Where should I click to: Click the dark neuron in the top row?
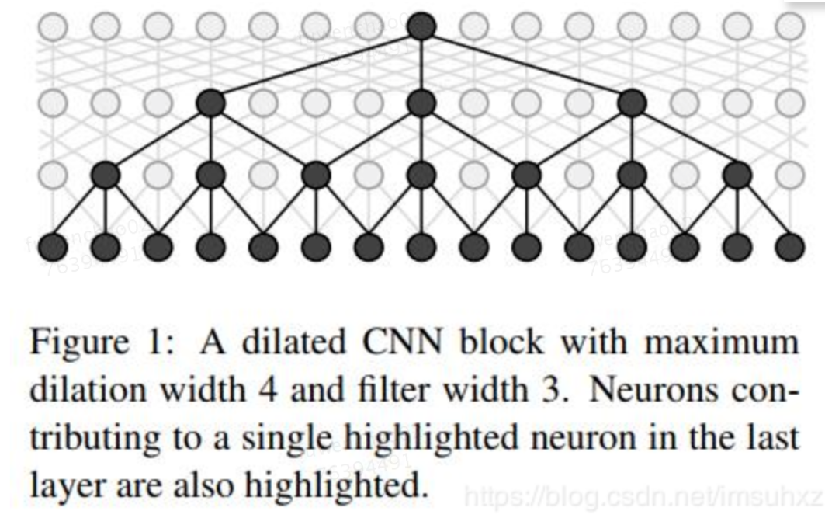421,26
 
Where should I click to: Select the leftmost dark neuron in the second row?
210,101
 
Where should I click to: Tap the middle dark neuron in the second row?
421,101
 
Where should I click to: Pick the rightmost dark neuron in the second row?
633,101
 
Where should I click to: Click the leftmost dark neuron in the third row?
105,175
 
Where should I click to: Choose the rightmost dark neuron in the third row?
737,175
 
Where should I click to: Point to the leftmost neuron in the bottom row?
52,248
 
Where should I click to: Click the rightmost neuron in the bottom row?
791,248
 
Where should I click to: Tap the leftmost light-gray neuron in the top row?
52,27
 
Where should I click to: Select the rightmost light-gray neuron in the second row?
791,101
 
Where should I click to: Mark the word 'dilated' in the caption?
281,343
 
